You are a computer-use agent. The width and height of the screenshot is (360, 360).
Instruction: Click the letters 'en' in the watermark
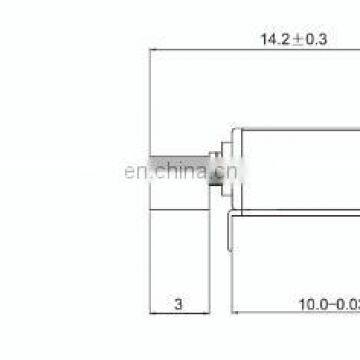click(132, 171)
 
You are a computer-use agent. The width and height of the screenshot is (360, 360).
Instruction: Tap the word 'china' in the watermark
click(172, 171)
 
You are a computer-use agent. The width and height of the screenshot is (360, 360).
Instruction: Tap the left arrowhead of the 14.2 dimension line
click(153, 56)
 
